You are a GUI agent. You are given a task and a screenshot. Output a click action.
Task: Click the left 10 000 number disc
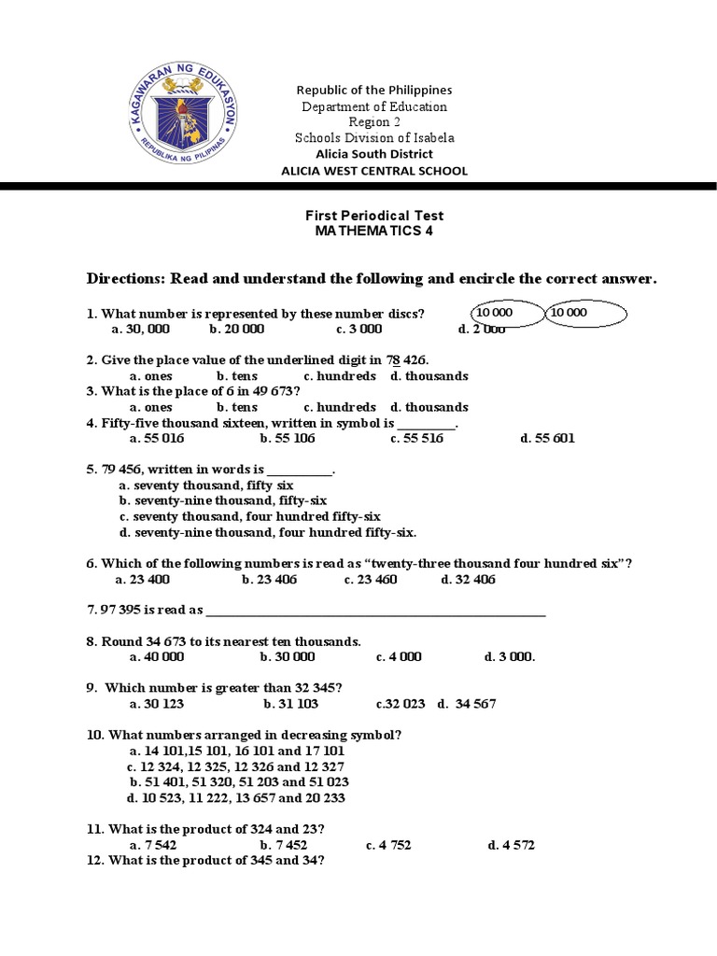point(505,314)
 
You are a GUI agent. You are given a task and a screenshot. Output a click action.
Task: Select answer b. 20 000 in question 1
point(237,330)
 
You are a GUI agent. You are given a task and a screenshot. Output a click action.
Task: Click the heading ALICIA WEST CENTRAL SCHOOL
point(374,171)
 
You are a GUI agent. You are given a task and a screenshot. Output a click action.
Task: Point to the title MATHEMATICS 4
point(373,232)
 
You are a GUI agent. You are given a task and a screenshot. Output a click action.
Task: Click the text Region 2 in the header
point(373,122)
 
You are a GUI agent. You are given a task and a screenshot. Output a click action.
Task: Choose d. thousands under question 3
point(429,407)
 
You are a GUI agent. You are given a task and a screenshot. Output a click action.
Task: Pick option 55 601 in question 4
point(547,439)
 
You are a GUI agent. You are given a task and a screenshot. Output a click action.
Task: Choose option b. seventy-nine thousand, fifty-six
point(209,501)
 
